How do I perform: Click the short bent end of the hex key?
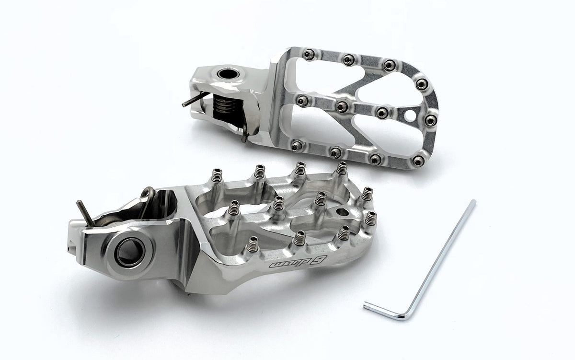click(381, 310)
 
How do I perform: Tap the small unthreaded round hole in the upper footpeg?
click(409, 115)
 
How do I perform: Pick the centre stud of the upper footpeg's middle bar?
click(341, 106)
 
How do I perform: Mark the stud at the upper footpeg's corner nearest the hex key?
click(420, 160)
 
